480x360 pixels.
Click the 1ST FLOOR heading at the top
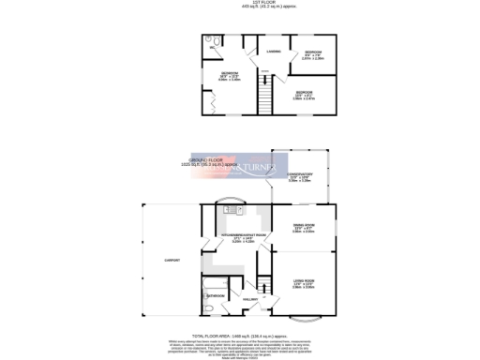click(240, 4)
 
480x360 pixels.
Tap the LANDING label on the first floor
click(274, 51)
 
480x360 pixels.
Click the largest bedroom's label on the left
click(230, 75)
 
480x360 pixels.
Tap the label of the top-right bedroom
click(313, 54)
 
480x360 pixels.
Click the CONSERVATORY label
click(300, 175)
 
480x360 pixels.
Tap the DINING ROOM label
click(303, 227)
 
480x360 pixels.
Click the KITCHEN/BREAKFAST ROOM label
click(243, 236)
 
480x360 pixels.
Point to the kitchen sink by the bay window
click(230, 210)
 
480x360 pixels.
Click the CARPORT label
click(172, 260)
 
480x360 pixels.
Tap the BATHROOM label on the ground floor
click(216, 295)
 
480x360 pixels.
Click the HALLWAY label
click(250, 299)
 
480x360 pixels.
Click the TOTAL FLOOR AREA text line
click(240, 335)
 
